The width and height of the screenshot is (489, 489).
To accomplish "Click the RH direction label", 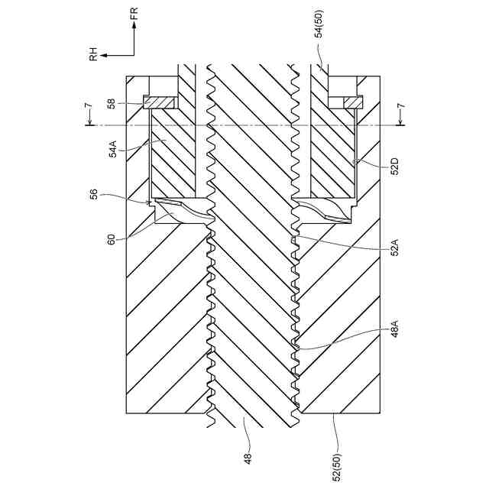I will coord(93,53).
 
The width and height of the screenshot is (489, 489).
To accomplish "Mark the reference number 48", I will coord(247,457).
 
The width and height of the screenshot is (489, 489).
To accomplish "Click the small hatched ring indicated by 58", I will coord(160,102).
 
